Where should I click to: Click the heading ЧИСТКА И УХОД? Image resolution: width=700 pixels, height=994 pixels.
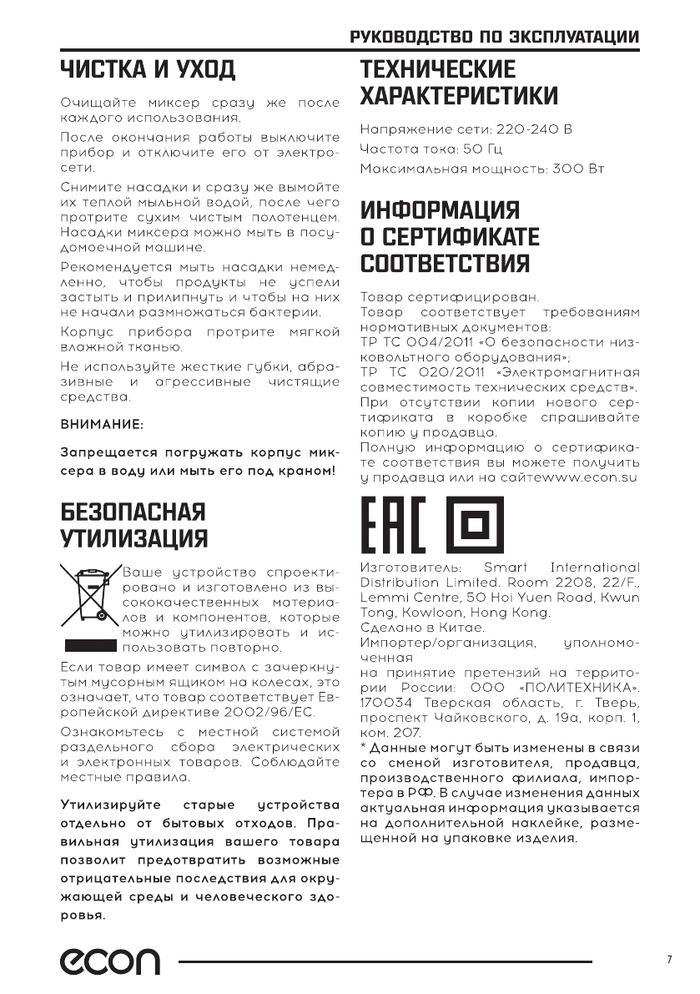point(147,68)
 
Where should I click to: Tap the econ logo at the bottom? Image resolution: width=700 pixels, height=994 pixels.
point(108,961)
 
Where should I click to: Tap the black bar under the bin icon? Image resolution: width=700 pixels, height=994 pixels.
point(88,646)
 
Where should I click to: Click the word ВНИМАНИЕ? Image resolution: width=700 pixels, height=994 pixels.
point(103,424)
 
